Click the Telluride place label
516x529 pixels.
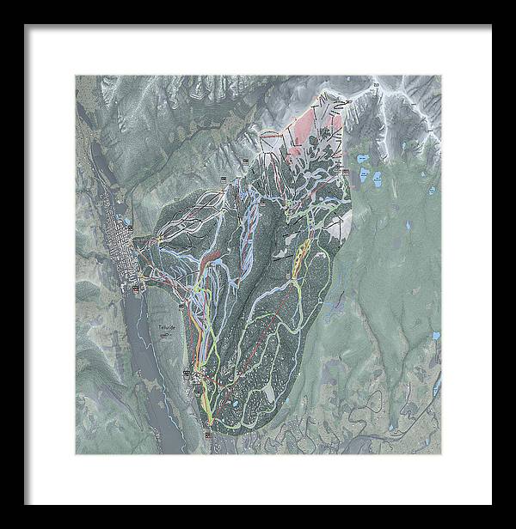pos(166,327)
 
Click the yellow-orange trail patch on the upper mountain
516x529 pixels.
pos(300,253)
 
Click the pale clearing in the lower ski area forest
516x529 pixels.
pos(268,391)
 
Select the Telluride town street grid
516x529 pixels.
pos(120,249)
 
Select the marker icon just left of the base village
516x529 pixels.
pos(187,371)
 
